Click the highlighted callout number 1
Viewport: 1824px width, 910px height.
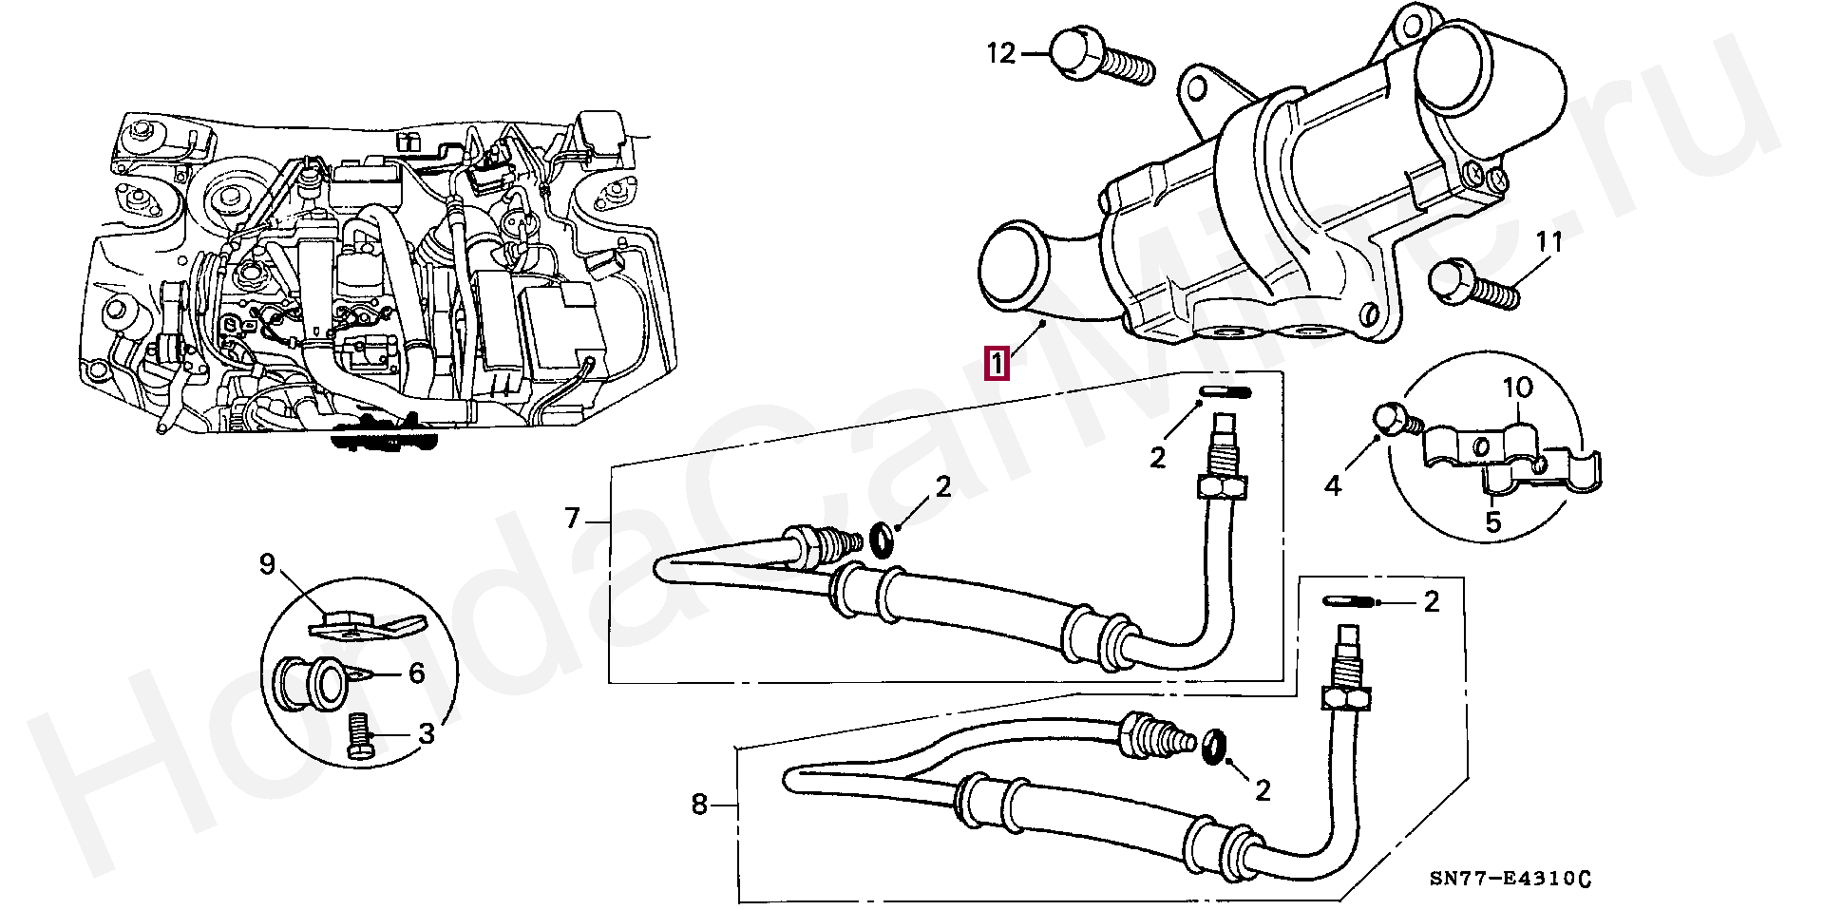point(997,364)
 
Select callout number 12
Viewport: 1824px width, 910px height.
point(1000,53)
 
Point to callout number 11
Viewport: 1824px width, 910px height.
point(1549,243)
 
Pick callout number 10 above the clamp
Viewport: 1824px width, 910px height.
point(1518,388)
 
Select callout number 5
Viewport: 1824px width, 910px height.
point(1493,521)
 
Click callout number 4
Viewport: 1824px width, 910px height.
point(1333,485)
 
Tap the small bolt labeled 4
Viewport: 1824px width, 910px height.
point(1393,421)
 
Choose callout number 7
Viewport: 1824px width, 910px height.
point(572,518)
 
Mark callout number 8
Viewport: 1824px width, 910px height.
point(699,805)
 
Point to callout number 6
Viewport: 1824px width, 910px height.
point(416,673)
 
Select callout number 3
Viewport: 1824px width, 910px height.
point(426,733)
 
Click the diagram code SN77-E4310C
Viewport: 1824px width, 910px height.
point(1510,878)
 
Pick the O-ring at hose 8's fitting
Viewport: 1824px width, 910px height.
point(1213,747)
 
